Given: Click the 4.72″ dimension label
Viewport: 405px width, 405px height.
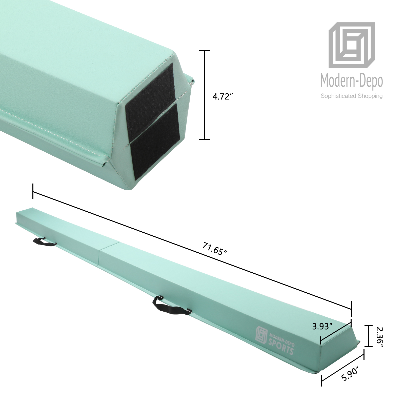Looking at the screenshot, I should [222, 96].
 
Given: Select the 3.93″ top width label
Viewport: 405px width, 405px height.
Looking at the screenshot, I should [322, 326].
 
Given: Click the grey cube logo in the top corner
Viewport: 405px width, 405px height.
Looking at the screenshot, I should [352, 46].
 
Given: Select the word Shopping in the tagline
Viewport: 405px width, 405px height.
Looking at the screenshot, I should [370, 96].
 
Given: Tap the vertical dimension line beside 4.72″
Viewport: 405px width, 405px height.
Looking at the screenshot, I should [204, 95].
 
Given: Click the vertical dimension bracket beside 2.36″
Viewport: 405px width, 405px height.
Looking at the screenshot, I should [368, 335].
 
